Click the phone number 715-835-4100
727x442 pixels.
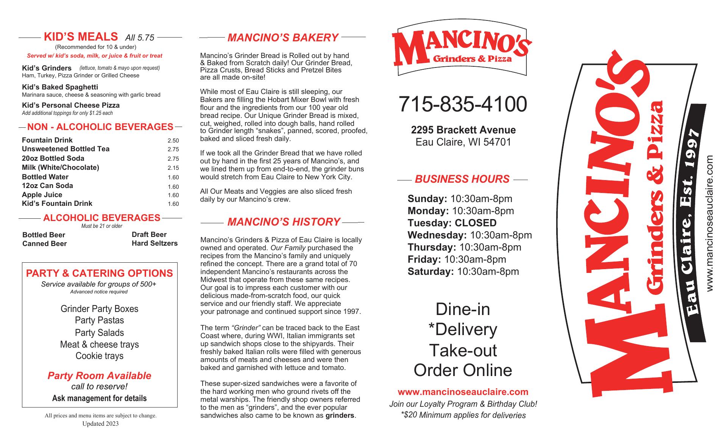click(462, 104)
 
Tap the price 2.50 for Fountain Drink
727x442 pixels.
click(173, 141)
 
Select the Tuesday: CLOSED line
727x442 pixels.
click(452, 223)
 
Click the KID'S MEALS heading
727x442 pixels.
click(81, 37)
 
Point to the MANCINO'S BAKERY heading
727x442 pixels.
click(282, 38)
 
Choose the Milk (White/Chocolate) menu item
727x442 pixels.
click(61, 168)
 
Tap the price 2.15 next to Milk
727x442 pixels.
click(173, 168)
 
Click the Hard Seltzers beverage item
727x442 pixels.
click(154, 243)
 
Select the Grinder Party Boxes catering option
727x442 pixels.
click(99, 309)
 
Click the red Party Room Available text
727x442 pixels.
click(99, 376)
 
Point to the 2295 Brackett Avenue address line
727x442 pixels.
click(463, 130)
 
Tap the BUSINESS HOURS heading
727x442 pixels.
click(462, 179)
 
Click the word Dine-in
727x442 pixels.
click(463, 309)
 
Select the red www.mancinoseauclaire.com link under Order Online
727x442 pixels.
click(463, 392)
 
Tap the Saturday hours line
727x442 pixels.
click(463, 271)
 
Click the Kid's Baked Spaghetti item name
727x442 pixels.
click(60, 87)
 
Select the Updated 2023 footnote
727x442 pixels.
click(100, 424)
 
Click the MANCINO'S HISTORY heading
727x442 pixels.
click(284, 222)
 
